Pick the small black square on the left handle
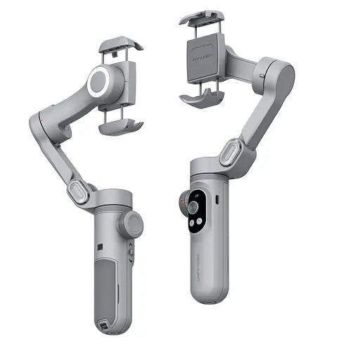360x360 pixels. tap(100, 245)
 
